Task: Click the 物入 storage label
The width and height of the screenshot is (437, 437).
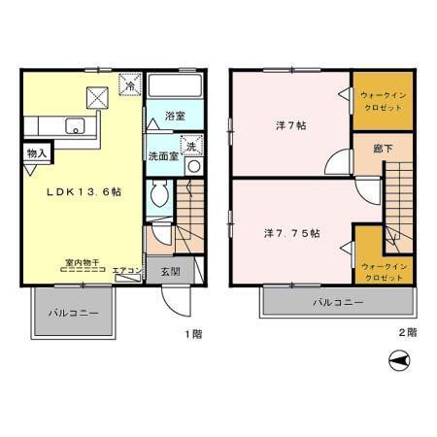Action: click(37, 153)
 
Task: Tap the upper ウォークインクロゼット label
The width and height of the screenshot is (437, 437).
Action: click(382, 101)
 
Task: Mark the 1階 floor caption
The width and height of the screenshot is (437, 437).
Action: click(193, 333)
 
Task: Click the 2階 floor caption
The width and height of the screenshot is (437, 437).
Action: click(407, 333)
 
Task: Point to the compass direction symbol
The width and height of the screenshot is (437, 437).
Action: click(398, 361)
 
